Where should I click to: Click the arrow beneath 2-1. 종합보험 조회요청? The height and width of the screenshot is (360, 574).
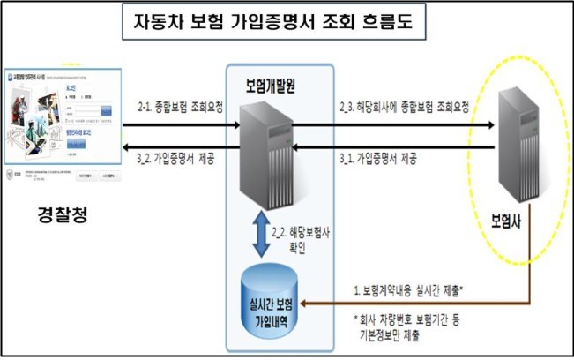pyautogui.click(x=180, y=125)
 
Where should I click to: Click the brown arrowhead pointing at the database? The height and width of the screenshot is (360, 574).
pyautogui.click(x=330, y=304)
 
